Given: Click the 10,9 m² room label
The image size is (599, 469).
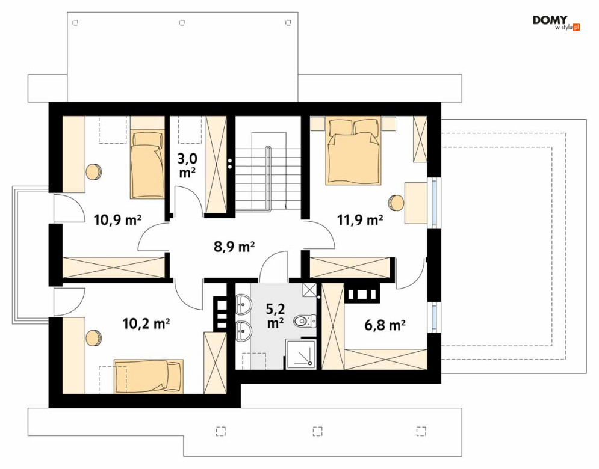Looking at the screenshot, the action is pos(117,220).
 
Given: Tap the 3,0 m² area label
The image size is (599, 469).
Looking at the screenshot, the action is pos(188,165).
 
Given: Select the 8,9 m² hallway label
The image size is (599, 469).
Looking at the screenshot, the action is pos(234,247).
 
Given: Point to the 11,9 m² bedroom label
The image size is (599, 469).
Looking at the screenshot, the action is pos(360,220).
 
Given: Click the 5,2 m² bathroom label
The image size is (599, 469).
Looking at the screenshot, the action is pos(275,316).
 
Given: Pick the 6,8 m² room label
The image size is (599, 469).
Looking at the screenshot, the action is pos(385,325).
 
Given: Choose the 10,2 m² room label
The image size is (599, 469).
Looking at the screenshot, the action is pos(146,324).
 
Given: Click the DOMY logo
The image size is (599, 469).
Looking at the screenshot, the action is pos(556,22).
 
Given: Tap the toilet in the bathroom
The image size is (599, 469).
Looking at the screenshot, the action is pos(305,321).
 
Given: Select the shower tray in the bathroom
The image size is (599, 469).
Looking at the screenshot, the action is pos(301,355).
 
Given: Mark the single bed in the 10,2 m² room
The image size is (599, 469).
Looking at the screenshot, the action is pos(149,376).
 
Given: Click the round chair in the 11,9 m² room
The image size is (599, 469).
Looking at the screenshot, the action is pos(396,203).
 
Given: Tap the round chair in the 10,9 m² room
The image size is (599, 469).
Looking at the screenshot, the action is pos(93,172).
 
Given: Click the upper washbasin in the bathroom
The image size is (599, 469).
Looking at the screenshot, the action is pos(243,304).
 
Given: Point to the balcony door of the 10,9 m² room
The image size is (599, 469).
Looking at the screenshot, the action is pos(69,208).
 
